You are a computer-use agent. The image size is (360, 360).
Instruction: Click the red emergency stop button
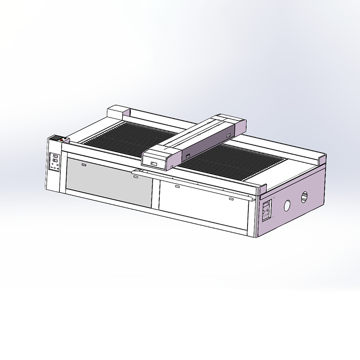(62, 140)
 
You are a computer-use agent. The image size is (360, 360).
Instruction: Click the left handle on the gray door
(84, 165)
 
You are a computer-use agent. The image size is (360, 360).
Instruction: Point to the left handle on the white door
(177, 186)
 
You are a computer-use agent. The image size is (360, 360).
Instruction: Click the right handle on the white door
(231, 198)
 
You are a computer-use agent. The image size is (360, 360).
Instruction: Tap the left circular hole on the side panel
(286, 206)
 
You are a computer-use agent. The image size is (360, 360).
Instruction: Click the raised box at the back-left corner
(118, 111)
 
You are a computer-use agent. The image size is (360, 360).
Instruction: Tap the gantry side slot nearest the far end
(228, 135)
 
